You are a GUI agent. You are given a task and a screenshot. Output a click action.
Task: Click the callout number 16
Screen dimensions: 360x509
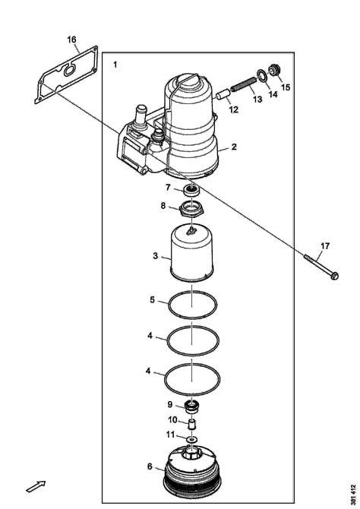[x=71, y=40]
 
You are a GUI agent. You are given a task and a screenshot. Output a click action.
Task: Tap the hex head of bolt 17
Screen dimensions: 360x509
[x=334, y=276]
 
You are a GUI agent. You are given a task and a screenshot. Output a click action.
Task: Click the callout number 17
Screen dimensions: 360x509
[x=325, y=246]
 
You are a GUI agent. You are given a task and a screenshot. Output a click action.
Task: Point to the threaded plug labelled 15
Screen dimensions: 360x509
[x=275, y=70]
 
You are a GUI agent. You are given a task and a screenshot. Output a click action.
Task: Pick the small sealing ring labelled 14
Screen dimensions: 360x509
[x=262, y=75]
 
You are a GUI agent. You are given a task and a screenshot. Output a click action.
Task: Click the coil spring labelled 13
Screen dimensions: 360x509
[x=244, y=84]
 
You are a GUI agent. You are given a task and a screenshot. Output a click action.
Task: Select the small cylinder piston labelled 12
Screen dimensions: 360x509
[x=223, y=94]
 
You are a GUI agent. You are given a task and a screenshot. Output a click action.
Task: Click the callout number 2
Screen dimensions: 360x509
[x=234, y=147]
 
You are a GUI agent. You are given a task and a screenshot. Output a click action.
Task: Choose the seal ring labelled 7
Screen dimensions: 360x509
[x=191, y=190]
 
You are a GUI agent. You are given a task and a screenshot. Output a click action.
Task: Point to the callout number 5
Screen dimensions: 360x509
[x=152, y=299]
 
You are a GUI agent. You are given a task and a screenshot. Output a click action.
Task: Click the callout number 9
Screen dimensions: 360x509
[x=170, y=404]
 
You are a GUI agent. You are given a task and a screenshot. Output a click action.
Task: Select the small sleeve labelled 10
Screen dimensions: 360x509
[x=192, y=424]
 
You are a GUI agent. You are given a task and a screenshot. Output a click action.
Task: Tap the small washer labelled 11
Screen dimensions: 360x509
[x=192, y=440]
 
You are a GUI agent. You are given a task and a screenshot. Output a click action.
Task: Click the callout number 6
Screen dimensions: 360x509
[x=150, y=466]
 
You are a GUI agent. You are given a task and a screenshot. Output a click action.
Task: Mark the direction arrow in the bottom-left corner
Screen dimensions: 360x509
[x=36, y=486]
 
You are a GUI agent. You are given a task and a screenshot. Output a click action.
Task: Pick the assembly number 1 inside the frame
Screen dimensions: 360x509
[x=115, y=65]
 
